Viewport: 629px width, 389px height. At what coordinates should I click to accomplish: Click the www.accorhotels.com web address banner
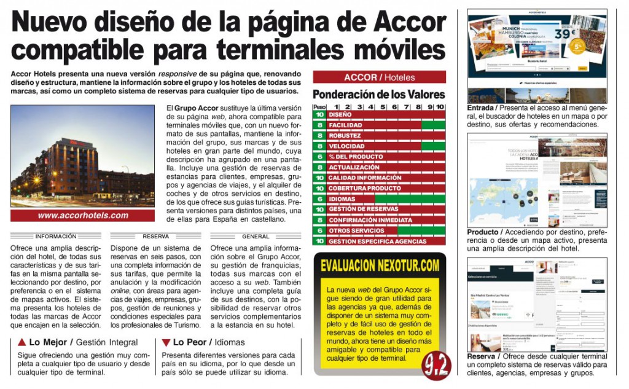[83, 216]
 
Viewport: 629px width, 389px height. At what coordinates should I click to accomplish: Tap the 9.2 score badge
[435, 366]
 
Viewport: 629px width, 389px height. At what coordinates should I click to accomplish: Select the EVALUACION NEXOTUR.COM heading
[380, 265]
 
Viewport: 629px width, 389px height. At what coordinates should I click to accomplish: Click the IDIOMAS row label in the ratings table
[342, 198]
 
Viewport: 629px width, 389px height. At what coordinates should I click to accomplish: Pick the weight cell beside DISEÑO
[319, 114]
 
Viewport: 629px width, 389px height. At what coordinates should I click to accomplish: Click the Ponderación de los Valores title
[378, 95]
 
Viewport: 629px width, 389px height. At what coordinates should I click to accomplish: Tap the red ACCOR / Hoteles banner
[379, 77]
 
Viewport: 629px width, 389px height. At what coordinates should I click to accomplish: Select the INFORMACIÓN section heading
[55, 236]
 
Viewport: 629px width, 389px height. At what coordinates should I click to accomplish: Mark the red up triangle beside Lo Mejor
[21, 342]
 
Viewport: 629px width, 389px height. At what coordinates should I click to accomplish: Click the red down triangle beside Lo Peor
[166, 342]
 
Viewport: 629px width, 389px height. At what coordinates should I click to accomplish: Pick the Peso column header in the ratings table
[319, 106]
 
